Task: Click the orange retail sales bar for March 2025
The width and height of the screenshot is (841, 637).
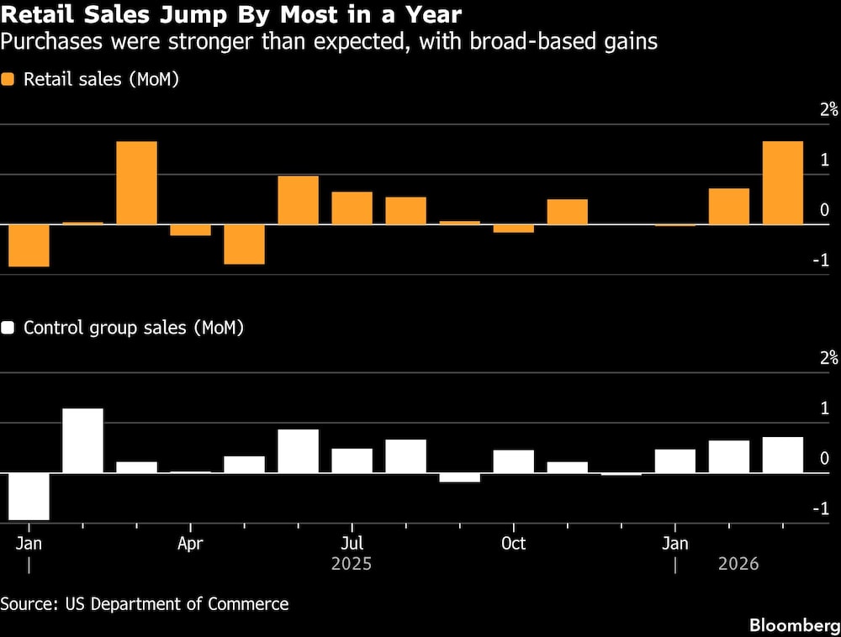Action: pyautogui.click(x=136, y=183)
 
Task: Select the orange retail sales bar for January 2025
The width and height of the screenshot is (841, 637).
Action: pyautogui.click(x=29, y=245)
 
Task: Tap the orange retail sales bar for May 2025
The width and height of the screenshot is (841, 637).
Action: pyautogui.click(x=244, y=245)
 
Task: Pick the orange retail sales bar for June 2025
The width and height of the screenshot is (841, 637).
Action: pyautogui.click(x=299, y=200)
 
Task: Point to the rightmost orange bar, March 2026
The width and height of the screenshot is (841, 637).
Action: pyautogui.click(x=782, y=183)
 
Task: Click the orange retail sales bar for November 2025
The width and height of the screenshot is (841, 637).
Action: pyautogui.click(x=567, y=212)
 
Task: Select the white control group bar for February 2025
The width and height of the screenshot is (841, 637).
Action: pyautogui.click(x=82, y=441)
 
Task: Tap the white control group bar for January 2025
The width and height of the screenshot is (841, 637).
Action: pyautogui.click(x=29, y=497)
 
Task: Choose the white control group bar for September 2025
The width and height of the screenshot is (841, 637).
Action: pyautogui.click(x=459, y=478)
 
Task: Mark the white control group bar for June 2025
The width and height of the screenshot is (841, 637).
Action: pyautogui.click(x=299, y=451)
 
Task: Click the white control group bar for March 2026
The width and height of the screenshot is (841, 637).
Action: pyautogui.click(x=782, y=455)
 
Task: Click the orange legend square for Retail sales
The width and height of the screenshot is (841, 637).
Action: pyautogui.click(x=8, y=80)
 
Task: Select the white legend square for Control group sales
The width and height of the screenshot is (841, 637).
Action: pyautogui.click(x=8, y=328)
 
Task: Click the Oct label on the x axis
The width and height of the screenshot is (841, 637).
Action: pyautogui.click(x=513, y=544)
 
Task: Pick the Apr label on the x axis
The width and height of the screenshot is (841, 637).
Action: pyautogui.click(x=190, y=544)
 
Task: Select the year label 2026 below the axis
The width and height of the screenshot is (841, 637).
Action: pyautogui.click(x=738, y=564)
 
